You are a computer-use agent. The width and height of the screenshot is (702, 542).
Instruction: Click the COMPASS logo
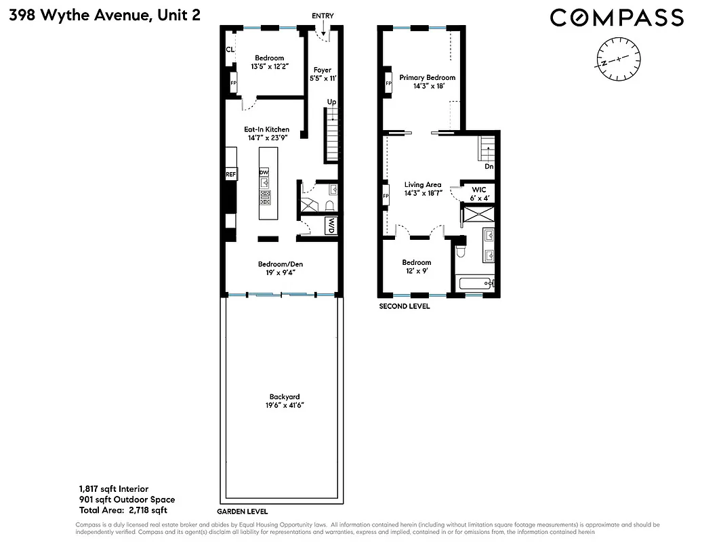[617, 17]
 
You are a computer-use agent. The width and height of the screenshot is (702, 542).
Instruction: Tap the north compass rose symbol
[617, 60]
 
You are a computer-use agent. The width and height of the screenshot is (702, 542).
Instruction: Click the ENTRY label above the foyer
[323, 16]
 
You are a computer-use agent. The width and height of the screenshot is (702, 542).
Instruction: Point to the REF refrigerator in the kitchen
[230, 175]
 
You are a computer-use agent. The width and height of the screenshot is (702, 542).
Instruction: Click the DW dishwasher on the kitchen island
[264, 173]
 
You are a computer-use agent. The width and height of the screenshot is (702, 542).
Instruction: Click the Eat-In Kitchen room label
[266, 129]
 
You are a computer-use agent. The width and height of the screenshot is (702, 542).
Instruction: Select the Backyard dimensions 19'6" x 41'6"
[284, 406]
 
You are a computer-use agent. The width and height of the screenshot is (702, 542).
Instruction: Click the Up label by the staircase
[331, 102]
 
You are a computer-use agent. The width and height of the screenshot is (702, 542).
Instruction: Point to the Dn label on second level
[488, 166]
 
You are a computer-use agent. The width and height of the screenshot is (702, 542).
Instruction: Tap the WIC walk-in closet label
[479, 190]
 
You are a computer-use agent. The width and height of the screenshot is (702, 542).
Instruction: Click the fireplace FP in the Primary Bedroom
[388, 84]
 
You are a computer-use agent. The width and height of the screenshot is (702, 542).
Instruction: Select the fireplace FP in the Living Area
[387, 196]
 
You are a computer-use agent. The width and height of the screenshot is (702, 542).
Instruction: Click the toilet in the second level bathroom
[461, 251]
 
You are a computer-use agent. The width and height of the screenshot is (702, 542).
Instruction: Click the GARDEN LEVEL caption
[242, 512]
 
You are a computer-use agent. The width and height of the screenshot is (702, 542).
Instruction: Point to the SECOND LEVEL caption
[404, 306]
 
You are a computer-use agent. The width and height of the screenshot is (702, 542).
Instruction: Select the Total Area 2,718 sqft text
[123, 510]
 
